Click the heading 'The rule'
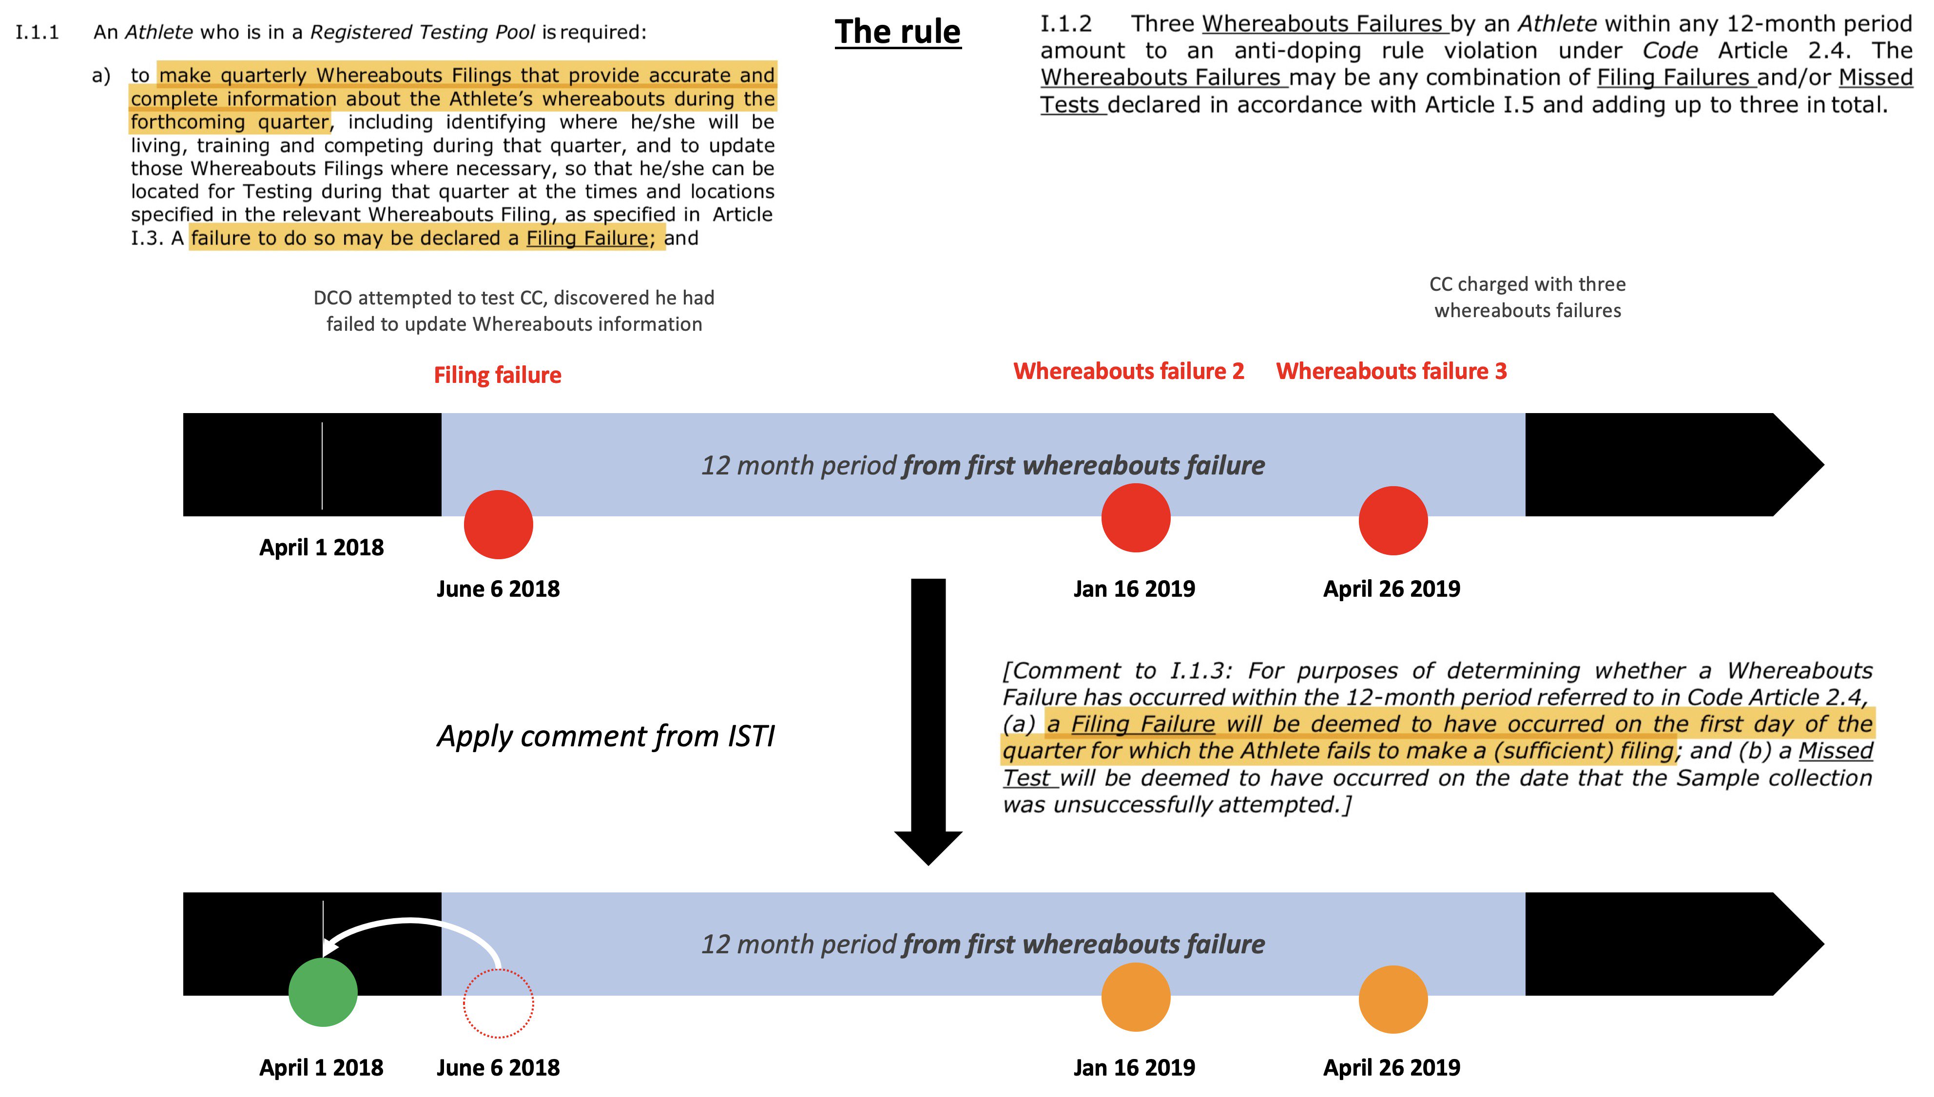(x=898, y=33)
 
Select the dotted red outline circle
(x=498, y=1003)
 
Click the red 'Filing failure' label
(x=498, y=375)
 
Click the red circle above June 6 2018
(x=498, y=525)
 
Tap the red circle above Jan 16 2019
(x=1136, y=518)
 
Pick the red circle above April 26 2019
(x=1393, y=521)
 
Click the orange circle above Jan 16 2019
(x=1136, y=997)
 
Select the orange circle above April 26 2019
(x=1393, y=999)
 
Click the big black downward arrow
(x=928, y=716)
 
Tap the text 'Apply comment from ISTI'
(x=606, y=736)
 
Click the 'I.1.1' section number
(x=38, y=33)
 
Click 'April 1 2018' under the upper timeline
(x=321, y=547)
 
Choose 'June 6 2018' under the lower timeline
(x=498, y=1068)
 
